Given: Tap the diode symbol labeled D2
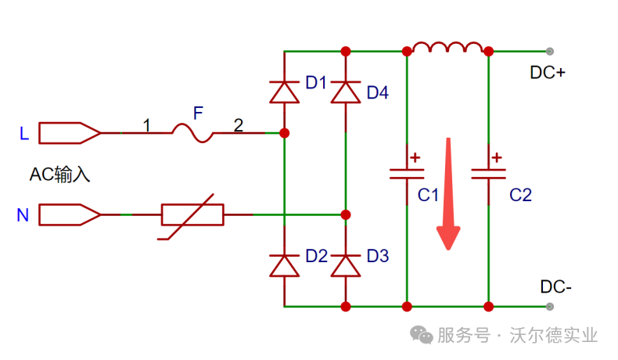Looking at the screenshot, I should coord(284,265).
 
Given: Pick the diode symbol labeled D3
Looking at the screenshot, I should coord(346,265).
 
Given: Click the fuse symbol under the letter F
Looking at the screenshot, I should coord(192,134).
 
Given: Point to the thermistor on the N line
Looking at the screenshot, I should coord(192,214).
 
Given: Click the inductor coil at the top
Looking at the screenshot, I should coord(447,49).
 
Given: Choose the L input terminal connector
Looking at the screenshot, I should coord(69,134).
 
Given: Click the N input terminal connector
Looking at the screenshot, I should coord(69,214).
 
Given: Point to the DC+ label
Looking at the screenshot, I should coord(548,73).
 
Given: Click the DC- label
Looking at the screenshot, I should coord(555,286).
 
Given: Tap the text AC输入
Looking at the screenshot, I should coord(59,174).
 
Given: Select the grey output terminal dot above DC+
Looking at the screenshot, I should coord(550,52).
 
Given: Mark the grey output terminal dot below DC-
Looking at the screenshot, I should coord(550,306).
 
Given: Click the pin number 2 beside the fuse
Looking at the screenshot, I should coord(238,124).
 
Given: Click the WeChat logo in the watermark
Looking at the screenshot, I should coord(422,335).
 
